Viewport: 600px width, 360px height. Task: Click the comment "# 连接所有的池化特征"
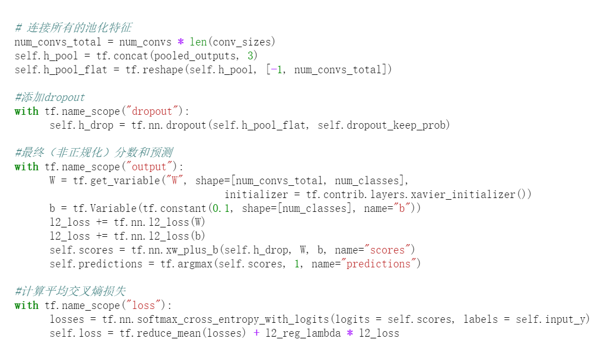click(73, 28)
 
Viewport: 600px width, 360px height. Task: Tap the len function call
click(198, 42)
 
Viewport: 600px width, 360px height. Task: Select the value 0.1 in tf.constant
click(221, 209)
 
